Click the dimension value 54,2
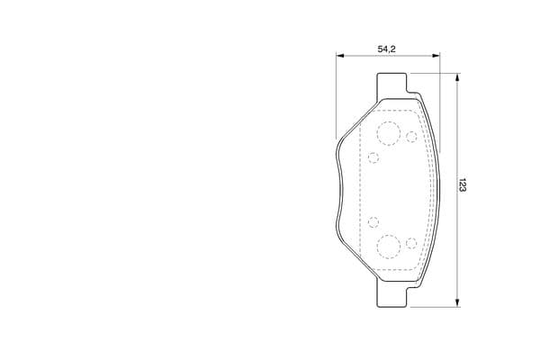[x=387, y=49]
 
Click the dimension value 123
[x=462, y=185]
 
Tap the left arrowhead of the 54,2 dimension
[x=340, y=56]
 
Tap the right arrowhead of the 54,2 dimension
[x=436, y=56]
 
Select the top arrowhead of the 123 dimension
[x=457, y=77]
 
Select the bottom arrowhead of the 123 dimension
[x=457, y=302]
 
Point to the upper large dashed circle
[x=389, y=134]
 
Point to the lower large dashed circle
[x=389, y=247]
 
